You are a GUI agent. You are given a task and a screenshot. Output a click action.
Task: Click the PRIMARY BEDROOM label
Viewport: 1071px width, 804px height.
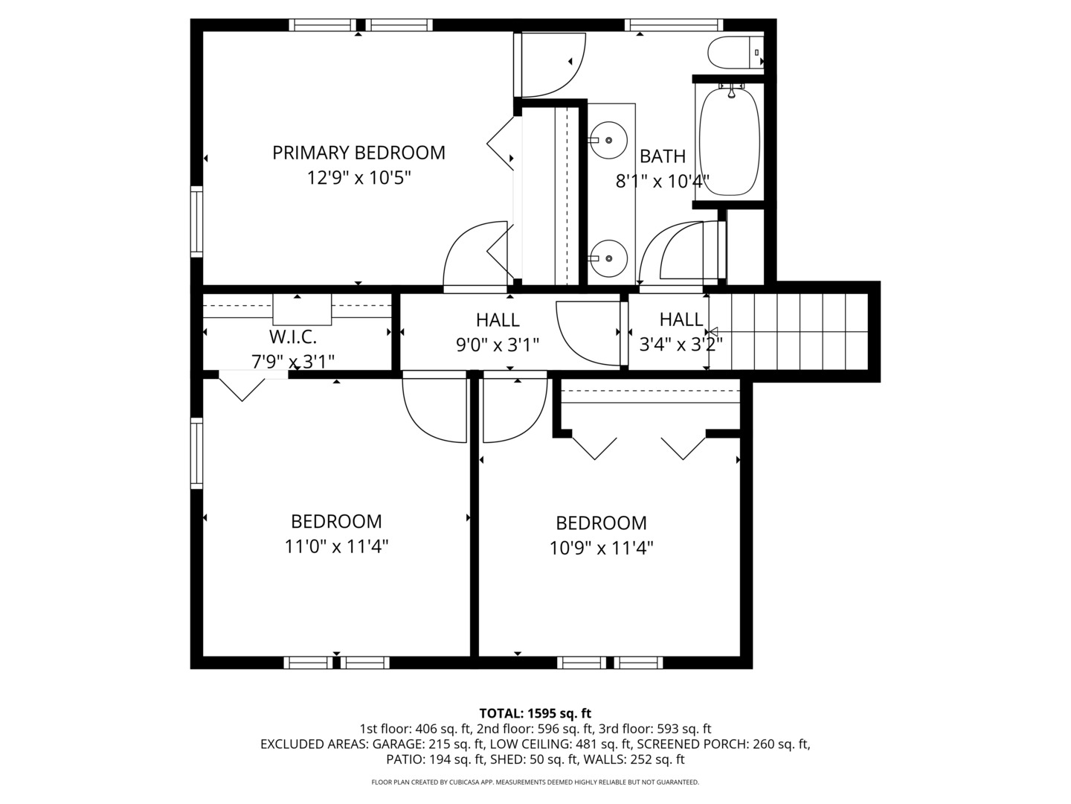tap(358, 153)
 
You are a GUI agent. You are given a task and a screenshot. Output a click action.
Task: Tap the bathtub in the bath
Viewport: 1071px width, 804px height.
tap(730, 141)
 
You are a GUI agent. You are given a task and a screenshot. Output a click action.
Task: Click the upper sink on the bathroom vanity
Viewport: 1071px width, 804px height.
tap(608, 140)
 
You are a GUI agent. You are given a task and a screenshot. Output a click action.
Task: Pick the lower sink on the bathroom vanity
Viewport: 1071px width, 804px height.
tap(608, 258)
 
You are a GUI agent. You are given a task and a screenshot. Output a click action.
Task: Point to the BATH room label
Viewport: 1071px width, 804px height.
tap(662, 156)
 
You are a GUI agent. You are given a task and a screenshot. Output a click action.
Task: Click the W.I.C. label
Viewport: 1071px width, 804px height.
tap(293, 336)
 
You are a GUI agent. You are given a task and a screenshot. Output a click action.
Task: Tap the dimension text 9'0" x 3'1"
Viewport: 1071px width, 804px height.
tap(498, 345)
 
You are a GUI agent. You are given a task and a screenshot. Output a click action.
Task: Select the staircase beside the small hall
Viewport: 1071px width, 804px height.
tap(788, 331)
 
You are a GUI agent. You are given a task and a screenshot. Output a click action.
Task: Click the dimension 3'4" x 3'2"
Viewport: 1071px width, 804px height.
tap(681, 345)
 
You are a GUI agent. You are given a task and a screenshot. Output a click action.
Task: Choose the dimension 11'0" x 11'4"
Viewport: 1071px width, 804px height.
tap(336, 546)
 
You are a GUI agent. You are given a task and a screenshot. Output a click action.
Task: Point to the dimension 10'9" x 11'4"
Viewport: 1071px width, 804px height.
tap(601, 548)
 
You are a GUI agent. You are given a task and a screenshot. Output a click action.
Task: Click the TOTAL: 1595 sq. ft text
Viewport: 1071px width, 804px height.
tap(535, 713)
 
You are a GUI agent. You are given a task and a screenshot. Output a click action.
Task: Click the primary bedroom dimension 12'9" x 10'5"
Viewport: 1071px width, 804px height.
tap(358, 178)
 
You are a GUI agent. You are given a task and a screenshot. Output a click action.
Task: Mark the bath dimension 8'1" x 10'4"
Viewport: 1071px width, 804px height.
tap(662, 182)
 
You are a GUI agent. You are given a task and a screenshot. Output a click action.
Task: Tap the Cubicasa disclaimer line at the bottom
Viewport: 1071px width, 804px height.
tap(535, 782)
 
